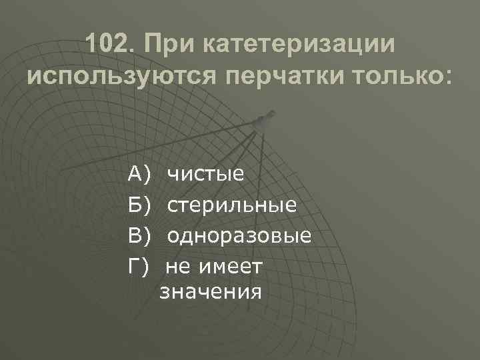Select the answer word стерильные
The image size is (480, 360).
(232, 205)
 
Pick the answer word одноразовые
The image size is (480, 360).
(239, 236)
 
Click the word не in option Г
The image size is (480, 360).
(179, 267)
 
